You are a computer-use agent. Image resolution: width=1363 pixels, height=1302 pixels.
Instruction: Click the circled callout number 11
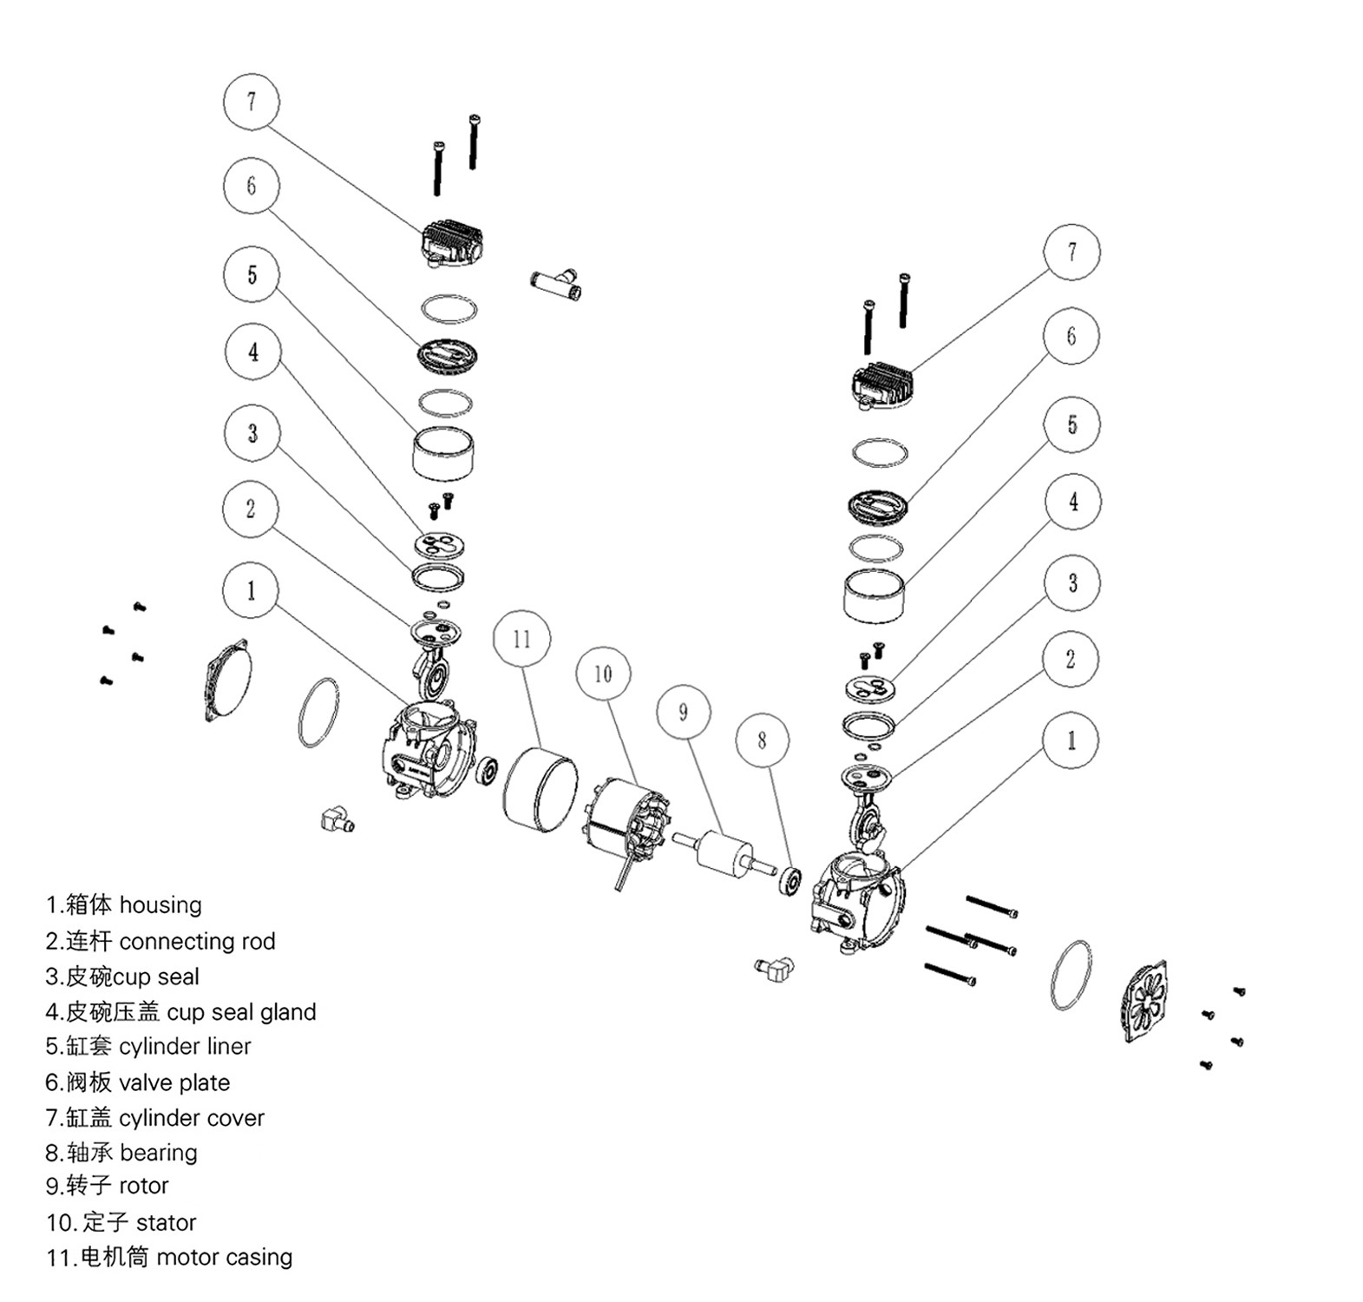coord(521,640)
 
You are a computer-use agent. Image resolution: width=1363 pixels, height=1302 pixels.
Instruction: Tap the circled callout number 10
coord(603,674)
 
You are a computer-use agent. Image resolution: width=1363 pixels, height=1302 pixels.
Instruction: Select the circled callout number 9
coord(684,713)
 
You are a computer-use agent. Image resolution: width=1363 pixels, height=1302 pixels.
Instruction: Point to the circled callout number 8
coord(762,740)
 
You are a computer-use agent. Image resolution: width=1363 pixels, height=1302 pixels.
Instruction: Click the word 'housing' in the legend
coord(161,905)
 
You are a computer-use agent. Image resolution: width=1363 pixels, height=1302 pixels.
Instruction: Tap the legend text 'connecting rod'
coord(197,942)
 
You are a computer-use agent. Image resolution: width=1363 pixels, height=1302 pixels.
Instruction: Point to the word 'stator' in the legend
coord(167,1223)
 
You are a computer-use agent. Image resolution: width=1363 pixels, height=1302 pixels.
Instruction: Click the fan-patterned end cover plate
coord(1145,1001)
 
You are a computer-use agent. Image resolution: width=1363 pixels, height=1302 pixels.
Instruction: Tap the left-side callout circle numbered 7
coord(252,102)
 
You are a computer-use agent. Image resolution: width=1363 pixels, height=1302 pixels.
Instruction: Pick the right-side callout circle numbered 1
coord(1071,740)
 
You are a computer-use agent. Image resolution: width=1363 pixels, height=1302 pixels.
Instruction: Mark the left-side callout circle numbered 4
coord(252,352)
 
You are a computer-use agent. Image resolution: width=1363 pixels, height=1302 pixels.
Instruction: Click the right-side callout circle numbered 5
coord(1072,424)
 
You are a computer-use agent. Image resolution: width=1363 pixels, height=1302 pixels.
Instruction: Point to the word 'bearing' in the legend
coord(159,1153)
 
